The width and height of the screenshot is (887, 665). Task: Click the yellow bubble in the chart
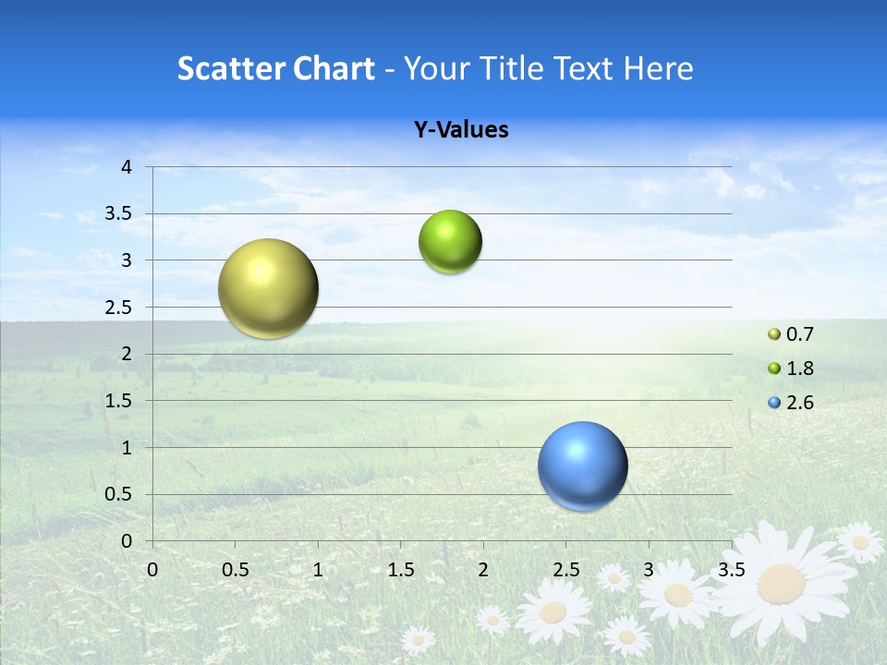click(268, 288)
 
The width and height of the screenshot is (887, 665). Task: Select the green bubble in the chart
click(450, 241)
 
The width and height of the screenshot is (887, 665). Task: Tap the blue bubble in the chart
click(582, 465)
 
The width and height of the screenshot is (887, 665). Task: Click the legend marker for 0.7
click(774, 334)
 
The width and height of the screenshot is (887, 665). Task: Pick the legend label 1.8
click(800, 369)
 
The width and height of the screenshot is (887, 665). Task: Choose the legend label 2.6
click(800, 403)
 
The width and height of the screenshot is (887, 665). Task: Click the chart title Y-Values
click(461, 130)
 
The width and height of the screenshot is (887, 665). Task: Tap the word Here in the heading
click(659, 68)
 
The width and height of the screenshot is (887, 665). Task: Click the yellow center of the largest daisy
click(782, 584)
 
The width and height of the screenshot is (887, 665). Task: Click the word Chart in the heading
click(334, 68)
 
